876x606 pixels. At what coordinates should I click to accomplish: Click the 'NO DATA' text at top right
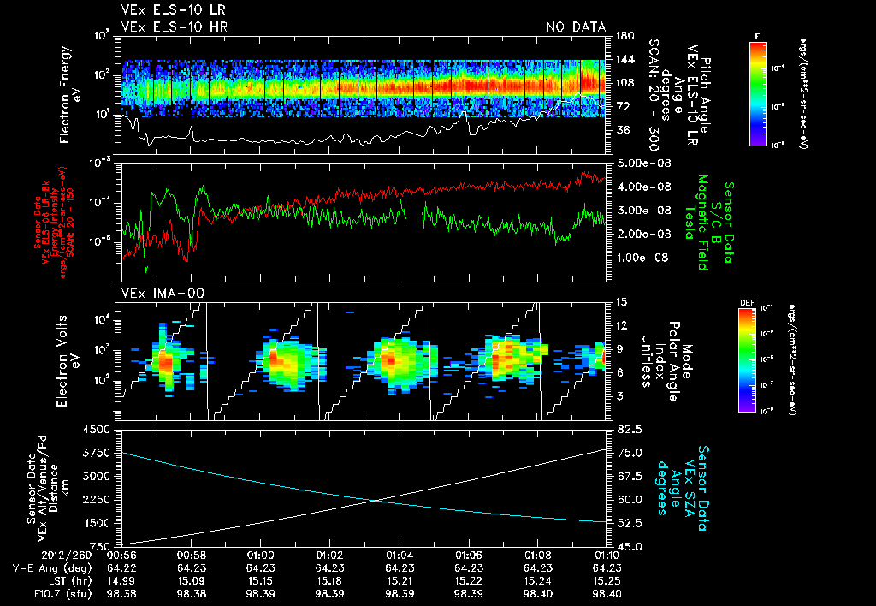[576, 27]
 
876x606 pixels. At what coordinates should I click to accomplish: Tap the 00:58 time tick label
[189, 555]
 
